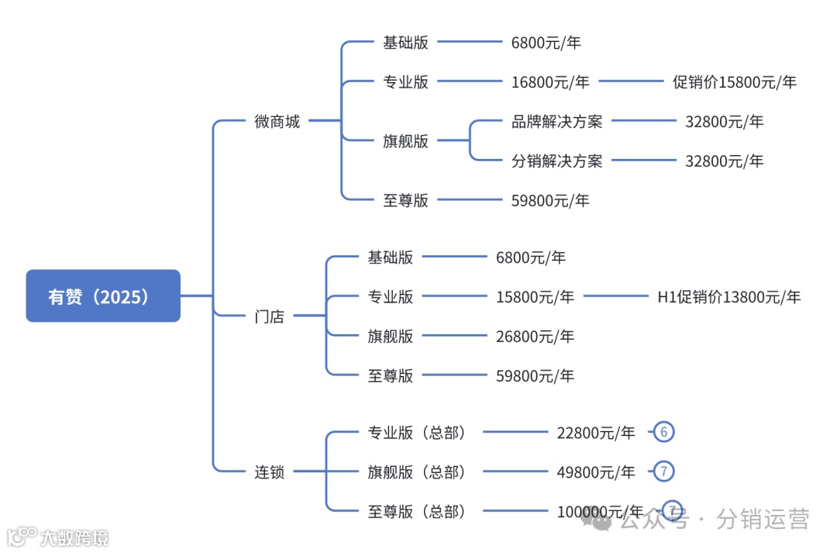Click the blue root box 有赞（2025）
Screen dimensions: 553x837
click(103, 296)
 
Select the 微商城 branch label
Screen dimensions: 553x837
click(277, 121)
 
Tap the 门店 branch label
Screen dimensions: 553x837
click(269, 316)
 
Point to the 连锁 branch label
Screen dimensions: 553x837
click(269, 472)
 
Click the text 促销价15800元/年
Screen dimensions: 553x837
click(734, 82)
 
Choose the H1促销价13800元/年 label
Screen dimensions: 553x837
click(728, 296)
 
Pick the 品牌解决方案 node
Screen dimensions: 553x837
click(556, 121)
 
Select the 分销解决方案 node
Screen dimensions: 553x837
click(556, 161)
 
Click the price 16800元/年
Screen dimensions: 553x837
click(550, 82)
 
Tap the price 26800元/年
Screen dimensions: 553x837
click(535, 336)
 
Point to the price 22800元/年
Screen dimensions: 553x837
click(595, 433)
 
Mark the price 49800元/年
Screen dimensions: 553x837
click(595, 472)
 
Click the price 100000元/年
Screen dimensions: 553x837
click(600, 511)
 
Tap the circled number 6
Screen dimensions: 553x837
click(663, 432)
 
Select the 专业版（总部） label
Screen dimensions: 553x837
click(417, 433)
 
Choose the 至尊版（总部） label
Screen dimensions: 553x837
click(417, 511)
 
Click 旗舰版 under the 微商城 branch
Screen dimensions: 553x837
click(405, 141)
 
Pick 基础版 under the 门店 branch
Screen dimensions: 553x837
click(390, 257)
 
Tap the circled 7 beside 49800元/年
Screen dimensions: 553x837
click(663, 471)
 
